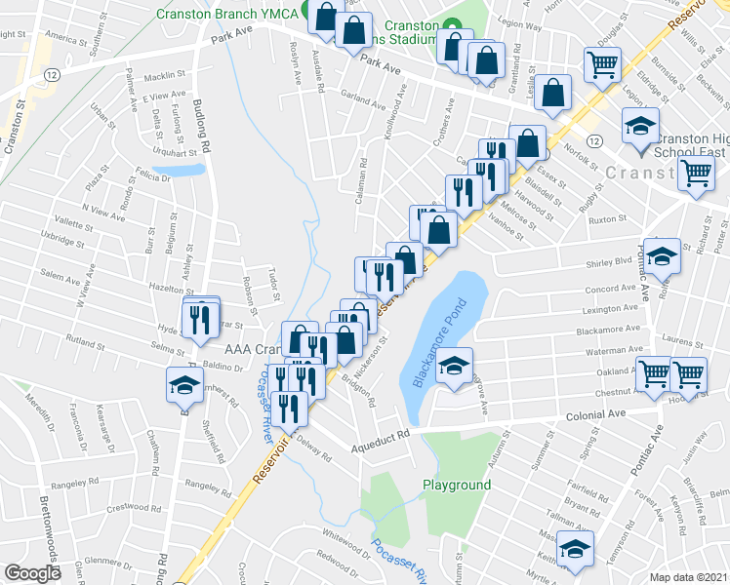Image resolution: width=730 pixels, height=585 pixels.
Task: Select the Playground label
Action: click(x=456, y=485)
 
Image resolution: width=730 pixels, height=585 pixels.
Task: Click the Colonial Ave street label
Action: click(x=595, y=414)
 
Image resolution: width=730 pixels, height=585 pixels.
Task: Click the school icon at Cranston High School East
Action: click(x=641, y=127)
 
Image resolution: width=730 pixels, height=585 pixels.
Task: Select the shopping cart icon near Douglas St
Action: click(x=602, y=65)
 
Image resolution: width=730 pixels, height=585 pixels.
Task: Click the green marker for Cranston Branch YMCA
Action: click(x=307, y=13)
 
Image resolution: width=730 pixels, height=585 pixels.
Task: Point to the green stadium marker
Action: click(x=451, y=26)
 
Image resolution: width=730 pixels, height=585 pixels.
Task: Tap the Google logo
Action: click(x=33, y=573)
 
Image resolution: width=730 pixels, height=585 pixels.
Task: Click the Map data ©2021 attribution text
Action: click(x=689, y=576)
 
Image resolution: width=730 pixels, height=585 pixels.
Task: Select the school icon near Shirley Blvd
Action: click(x=663, y=255)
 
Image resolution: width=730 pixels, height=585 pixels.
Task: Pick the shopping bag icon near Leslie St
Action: click(x=553, y=95)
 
